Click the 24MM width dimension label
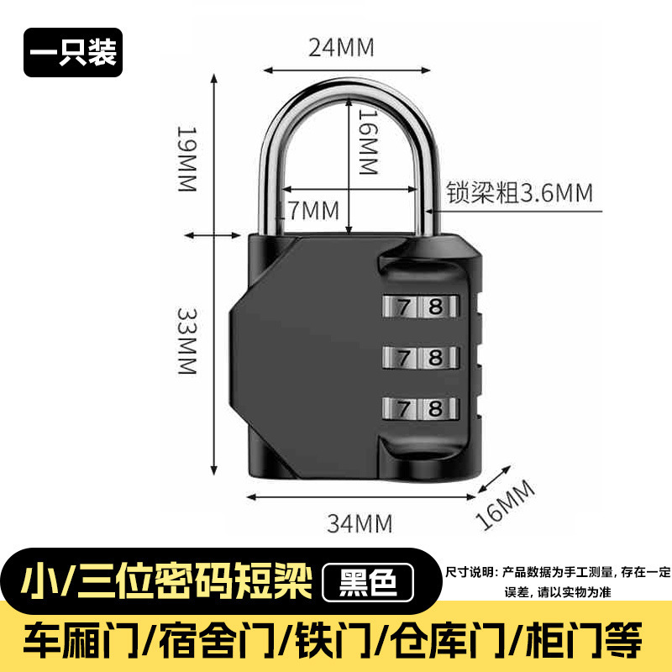pos(341,47)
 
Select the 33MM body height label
pos(186,339)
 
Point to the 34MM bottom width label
pos(360,524)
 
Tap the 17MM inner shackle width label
pos(312,208)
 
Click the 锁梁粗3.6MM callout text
pos(519,193)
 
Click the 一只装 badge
pos(73,53)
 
